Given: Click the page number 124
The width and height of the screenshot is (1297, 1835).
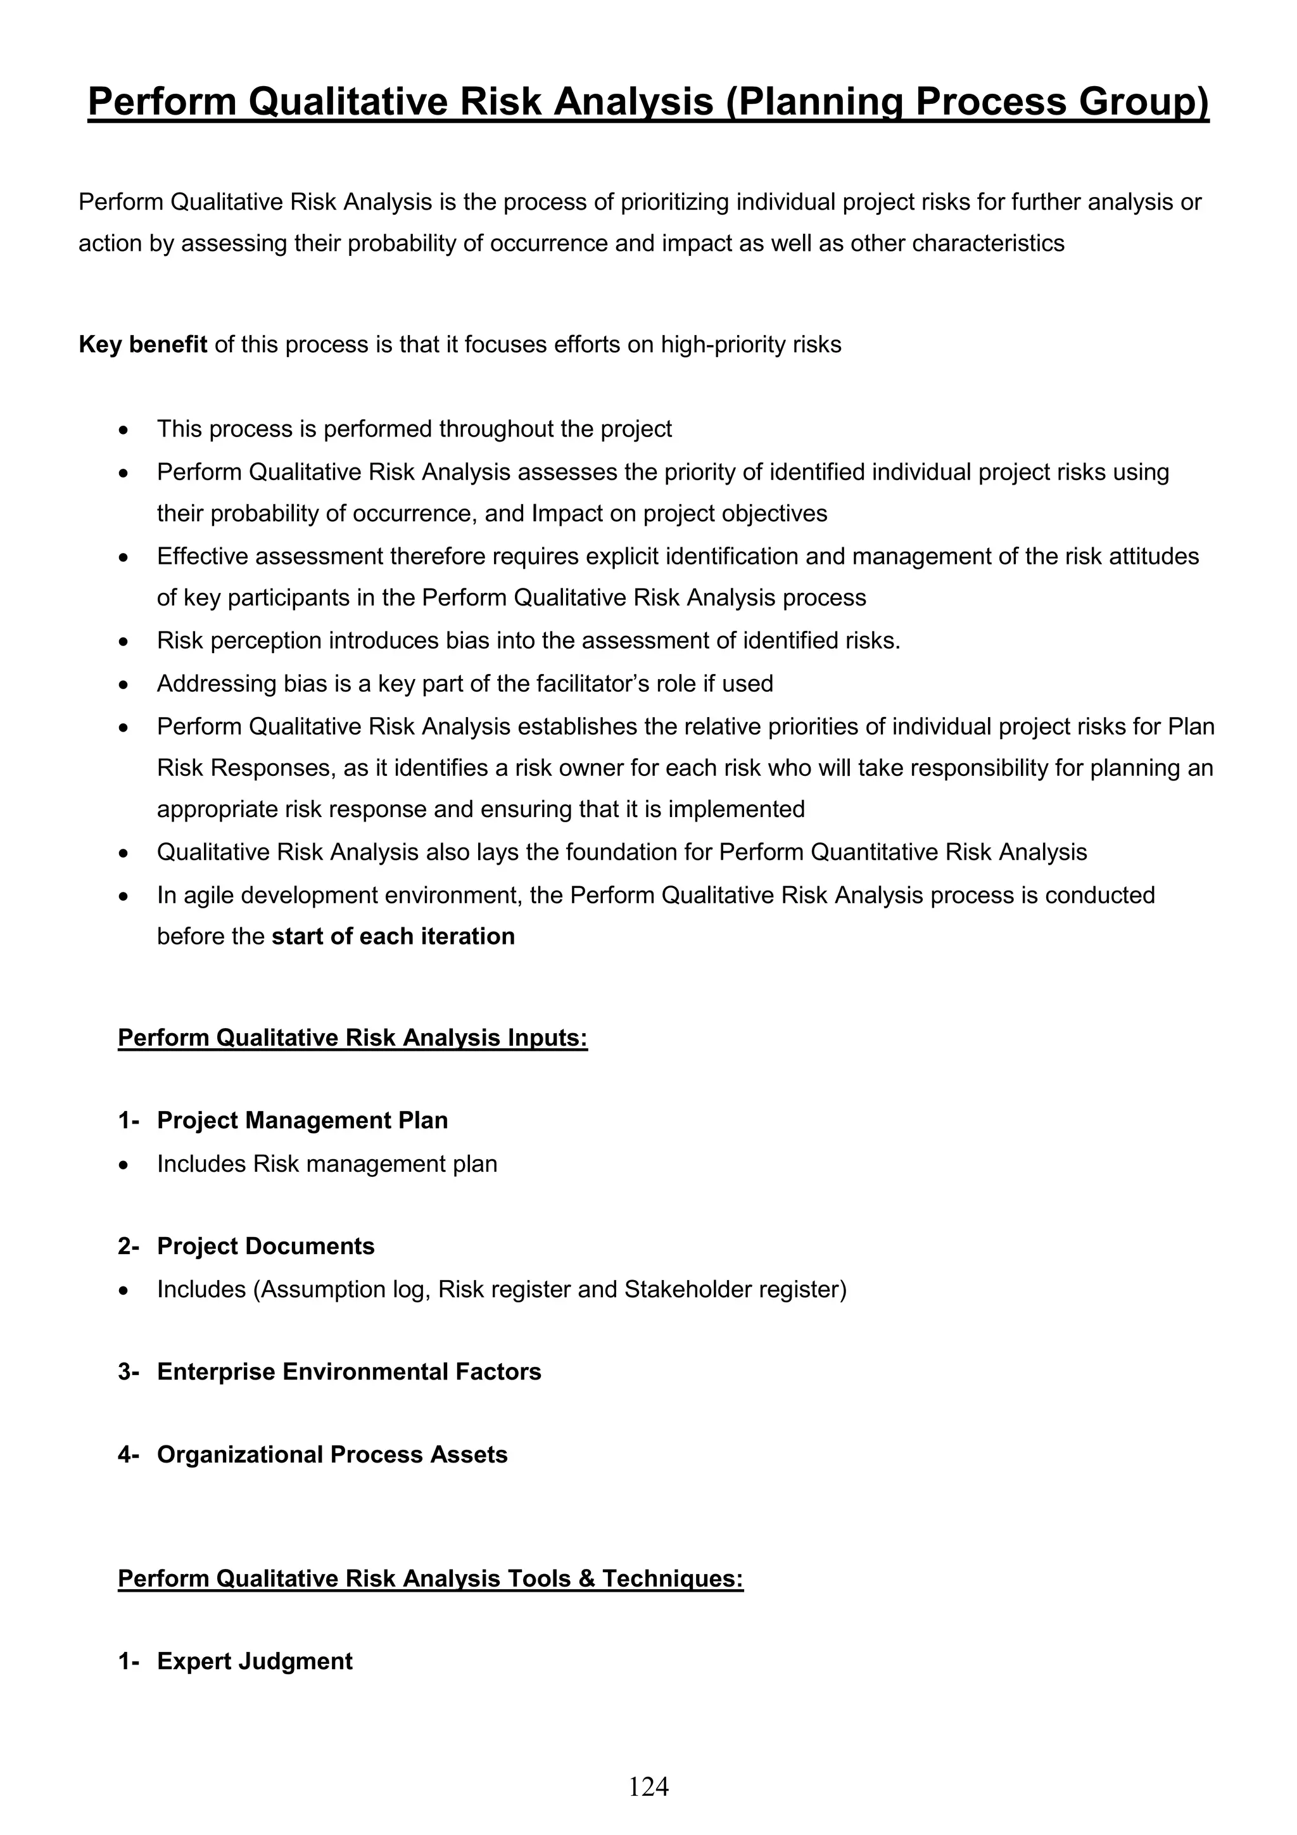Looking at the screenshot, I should pos(648,1786).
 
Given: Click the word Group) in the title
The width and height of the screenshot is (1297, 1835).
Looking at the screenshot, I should pos(1144,103).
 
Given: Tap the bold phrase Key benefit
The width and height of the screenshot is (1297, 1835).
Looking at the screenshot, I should pos(142,345).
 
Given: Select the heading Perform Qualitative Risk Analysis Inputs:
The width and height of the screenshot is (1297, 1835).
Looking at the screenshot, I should pos(352,1038).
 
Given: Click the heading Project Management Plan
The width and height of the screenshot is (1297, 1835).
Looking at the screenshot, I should pos(302,1121).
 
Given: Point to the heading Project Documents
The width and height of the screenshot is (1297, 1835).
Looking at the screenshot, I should pos(265,1246).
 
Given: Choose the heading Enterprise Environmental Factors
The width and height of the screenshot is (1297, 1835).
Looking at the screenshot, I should pos(348,1371).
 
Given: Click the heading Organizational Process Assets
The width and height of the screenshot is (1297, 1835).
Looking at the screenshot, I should pos(332,1454).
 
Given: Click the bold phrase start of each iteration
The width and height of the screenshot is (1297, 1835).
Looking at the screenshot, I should pos(393,936).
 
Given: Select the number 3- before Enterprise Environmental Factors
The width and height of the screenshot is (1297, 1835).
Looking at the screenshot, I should pos(128,1371).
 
